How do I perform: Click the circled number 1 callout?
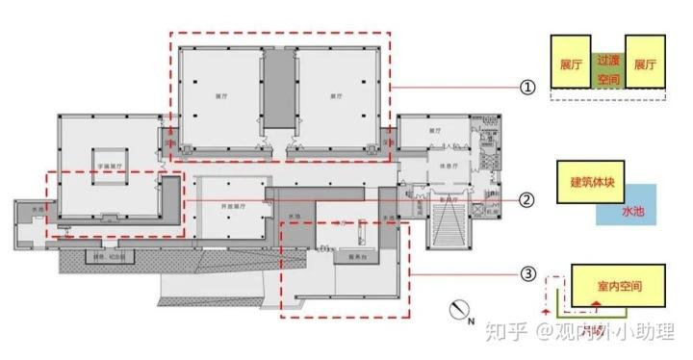[x=526, y=88]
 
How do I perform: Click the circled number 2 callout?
[x=526, y=200]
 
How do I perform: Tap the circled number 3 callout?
[x=526, y=274]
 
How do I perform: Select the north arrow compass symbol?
[x=460, y=310]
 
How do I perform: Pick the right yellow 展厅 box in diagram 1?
[x=645, y=65]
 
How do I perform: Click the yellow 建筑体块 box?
[x=588, y=183]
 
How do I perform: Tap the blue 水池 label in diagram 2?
[x=632, y=211]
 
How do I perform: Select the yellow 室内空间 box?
[x=617, y=288]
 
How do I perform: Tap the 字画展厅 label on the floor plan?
[x=114, y=165]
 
